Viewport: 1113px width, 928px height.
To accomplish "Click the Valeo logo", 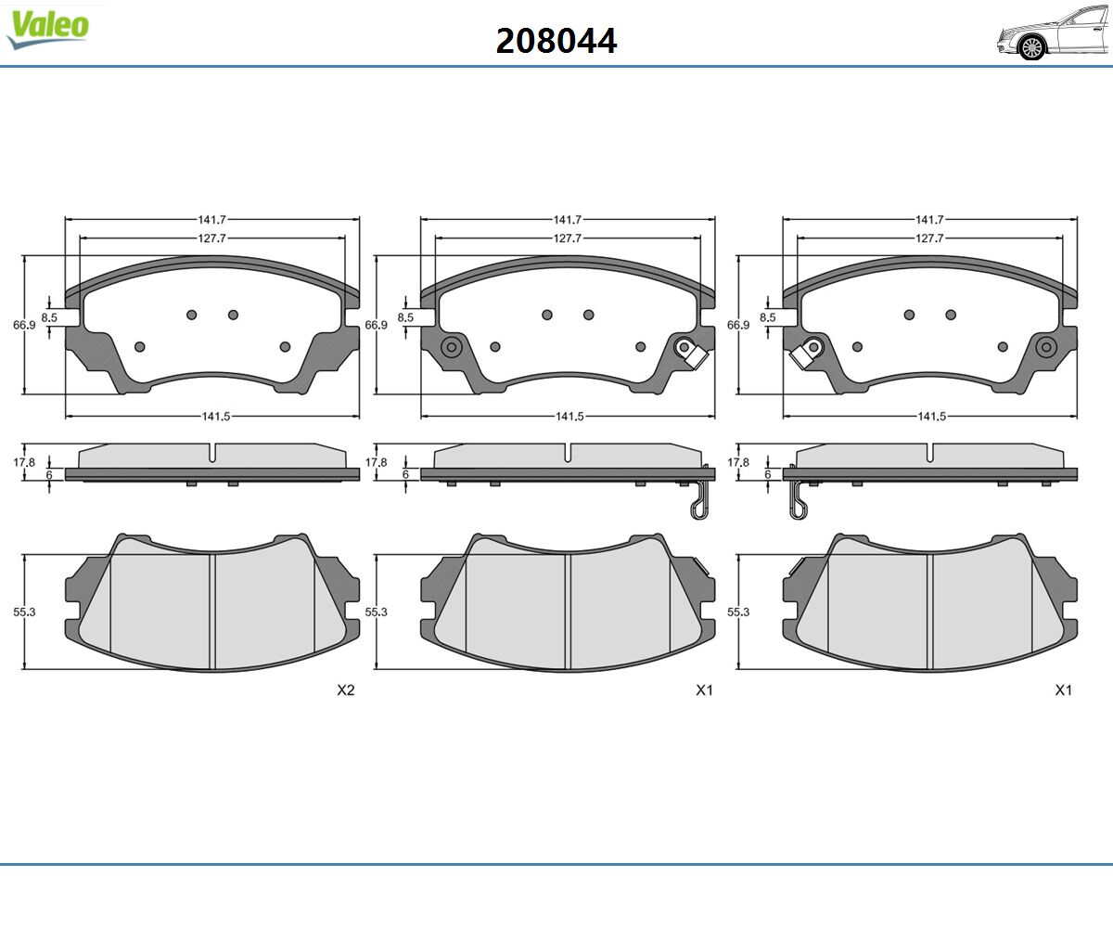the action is (48, 30).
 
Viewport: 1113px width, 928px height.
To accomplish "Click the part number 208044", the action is (556, 41).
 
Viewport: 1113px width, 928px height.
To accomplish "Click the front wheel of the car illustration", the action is (1032, 48).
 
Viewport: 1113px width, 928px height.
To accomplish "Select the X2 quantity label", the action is (345, 690).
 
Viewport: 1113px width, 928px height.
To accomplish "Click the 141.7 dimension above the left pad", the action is (212, 219).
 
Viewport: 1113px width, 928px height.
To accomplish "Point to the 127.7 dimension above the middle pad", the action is (567, 238).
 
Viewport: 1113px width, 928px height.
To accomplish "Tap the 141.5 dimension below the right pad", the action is (932, 416).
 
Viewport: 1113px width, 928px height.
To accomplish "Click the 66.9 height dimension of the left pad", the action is (24, 325).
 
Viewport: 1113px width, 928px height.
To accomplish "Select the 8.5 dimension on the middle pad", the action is (405, 317).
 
